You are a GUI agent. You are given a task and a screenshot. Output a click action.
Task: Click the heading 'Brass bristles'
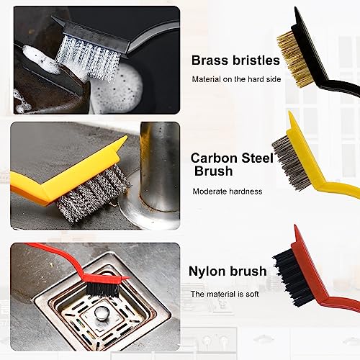pos(235,60)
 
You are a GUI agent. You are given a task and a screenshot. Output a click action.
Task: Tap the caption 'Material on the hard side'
pos(236,79)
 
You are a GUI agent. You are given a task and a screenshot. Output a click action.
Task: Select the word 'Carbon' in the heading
pos(214,158)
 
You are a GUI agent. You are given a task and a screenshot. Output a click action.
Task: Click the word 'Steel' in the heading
pos(257,158)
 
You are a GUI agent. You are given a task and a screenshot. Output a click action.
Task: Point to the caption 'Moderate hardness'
pos(228,192)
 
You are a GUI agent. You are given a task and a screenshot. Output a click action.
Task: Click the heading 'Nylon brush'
pos(228,271)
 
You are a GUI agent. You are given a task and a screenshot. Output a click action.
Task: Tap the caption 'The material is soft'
pos(225,294)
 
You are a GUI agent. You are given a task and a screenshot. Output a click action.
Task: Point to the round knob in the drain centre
pos(100,312)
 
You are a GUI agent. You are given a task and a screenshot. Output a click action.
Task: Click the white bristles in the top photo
pos(88,58)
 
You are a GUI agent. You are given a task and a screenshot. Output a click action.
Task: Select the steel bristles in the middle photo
pos(94,192)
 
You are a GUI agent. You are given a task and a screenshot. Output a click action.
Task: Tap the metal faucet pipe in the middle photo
pos(160,166)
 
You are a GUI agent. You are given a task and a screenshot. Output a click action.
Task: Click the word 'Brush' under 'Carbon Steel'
pos(213,171)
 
